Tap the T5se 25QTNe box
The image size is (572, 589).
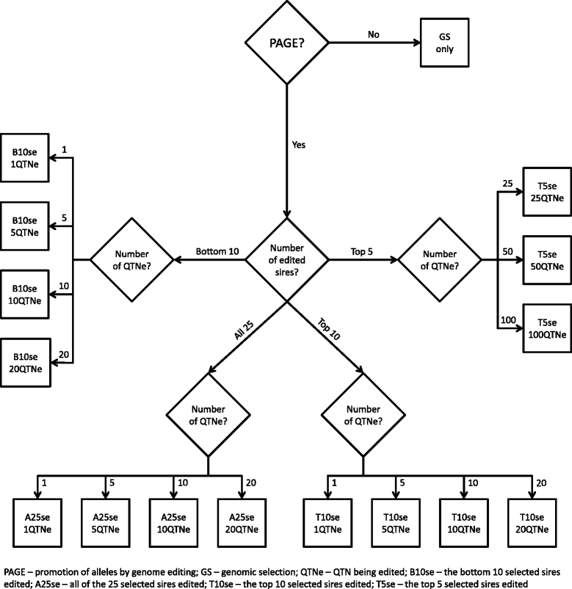pos(544,192)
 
